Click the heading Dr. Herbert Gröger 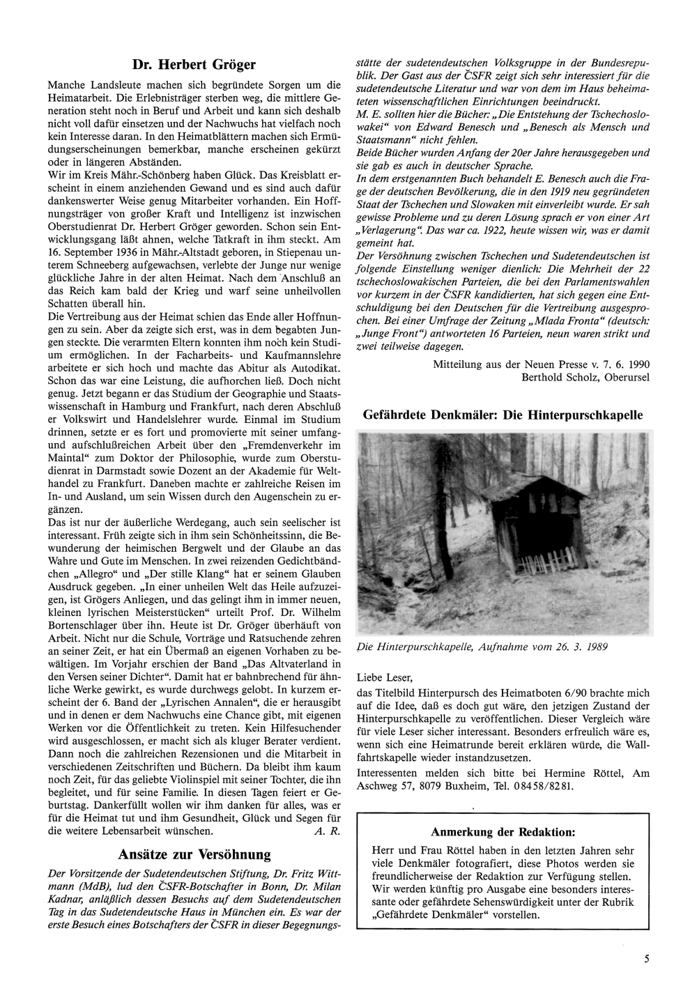pos(194,65)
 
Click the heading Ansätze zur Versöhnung pos(194,854)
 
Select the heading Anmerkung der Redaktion pos(503,832)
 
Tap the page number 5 pos(647,959)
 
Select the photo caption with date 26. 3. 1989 pos(482,647)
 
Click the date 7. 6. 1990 pos(624,364)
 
